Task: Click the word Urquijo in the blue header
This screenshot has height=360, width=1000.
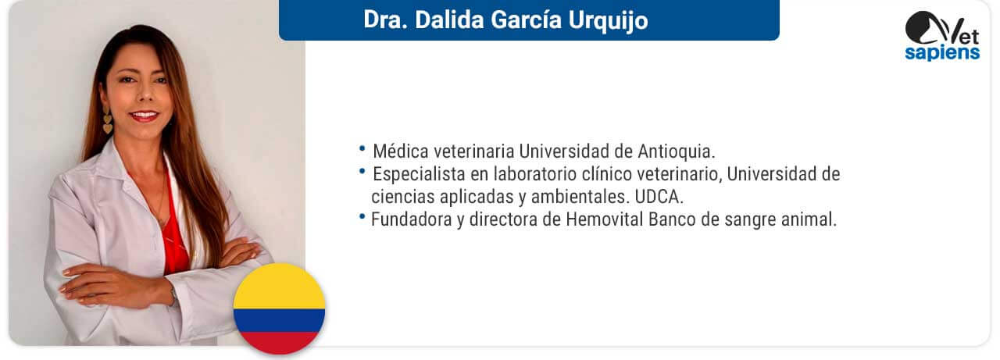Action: (608, 21)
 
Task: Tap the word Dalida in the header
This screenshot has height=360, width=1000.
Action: (448, 20)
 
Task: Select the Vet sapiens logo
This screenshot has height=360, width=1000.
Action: (942, 36)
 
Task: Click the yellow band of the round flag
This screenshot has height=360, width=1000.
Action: (280, 287)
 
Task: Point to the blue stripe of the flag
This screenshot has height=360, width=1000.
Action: (280, 320)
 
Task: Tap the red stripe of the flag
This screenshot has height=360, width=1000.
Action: (280, 343)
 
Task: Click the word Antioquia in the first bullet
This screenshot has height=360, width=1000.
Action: (676, 151)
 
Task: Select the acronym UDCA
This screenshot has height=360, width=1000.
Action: (659, 197)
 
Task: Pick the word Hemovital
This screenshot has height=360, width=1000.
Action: (605, 219)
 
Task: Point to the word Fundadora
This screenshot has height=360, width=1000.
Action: (411, 219)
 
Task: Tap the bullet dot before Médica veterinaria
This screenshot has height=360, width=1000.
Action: (362, 148)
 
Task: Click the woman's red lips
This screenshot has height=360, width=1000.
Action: (144, 116)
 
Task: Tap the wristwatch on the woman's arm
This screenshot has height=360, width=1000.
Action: (173, 295)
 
